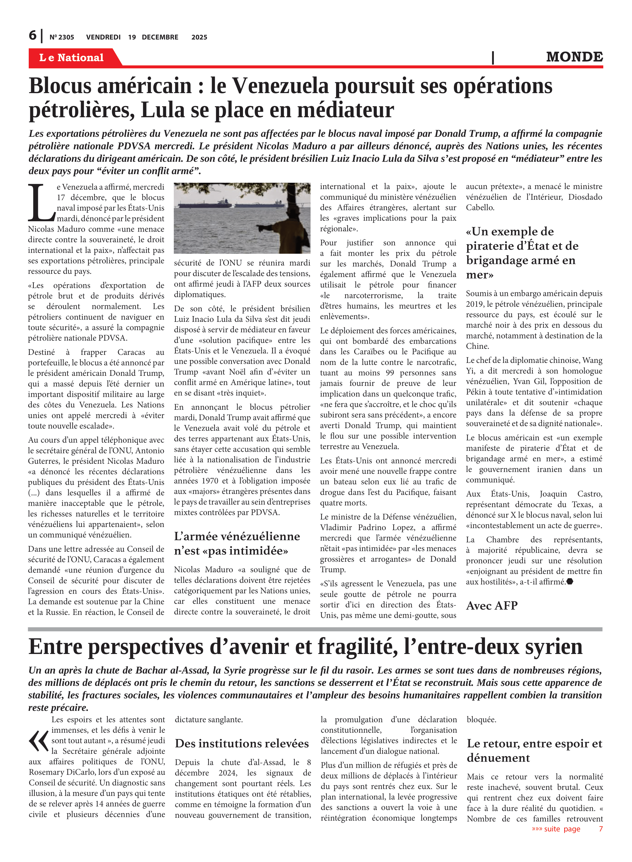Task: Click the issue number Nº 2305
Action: [x=61, y=37]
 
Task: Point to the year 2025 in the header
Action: [x=199, y=37]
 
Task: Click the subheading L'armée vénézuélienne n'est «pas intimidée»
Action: [x=236, y=543]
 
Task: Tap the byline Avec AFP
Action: [x=492, y=606]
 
